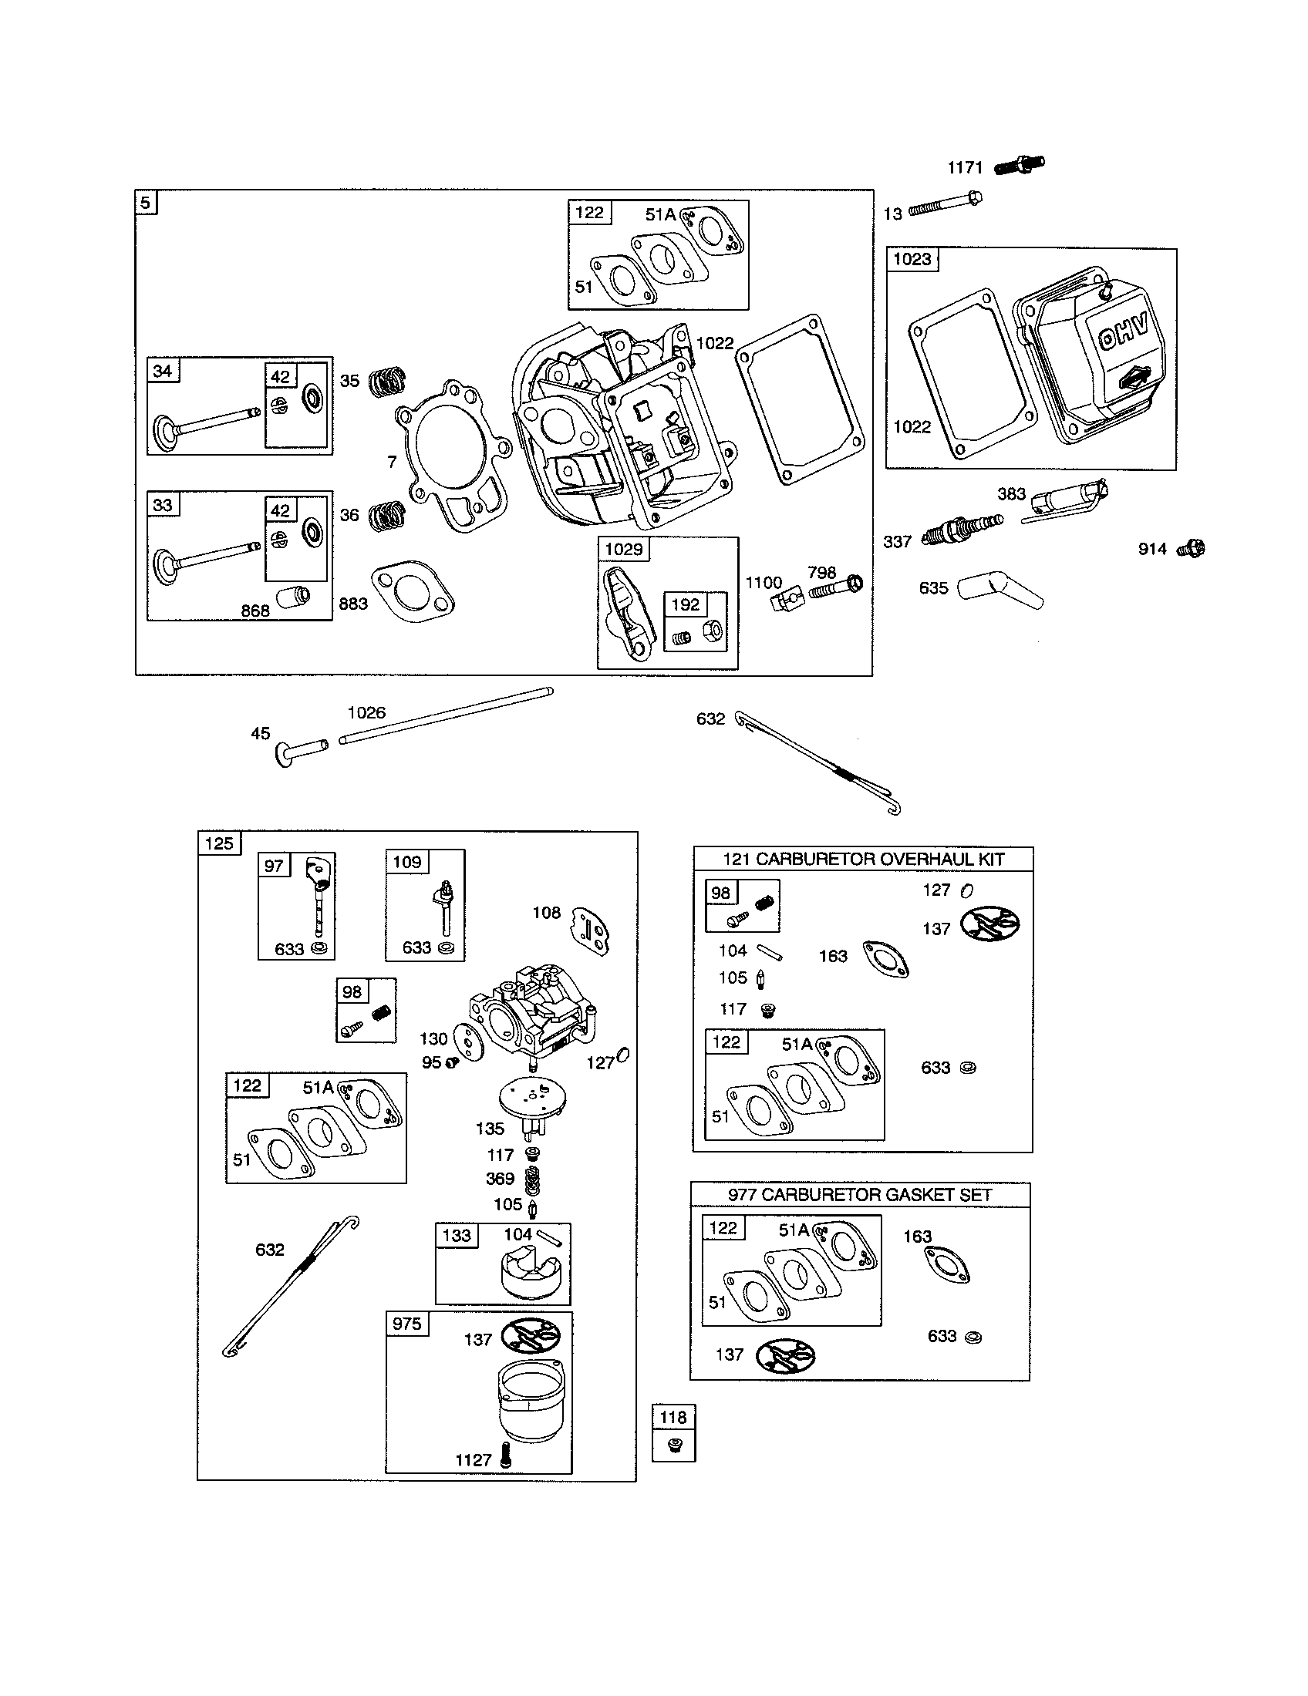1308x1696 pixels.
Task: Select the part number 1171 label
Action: point(965,167)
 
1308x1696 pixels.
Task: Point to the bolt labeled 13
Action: point(944,204)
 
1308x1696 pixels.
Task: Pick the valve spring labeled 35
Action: point(386,381)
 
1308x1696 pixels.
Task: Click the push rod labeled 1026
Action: point(446,715)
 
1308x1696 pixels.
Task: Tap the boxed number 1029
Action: point(624,549)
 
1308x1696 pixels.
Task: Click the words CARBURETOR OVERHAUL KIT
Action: point(880,859)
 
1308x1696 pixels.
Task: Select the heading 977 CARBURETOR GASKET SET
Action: point(860,1194)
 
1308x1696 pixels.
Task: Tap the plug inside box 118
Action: point(674,1445)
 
